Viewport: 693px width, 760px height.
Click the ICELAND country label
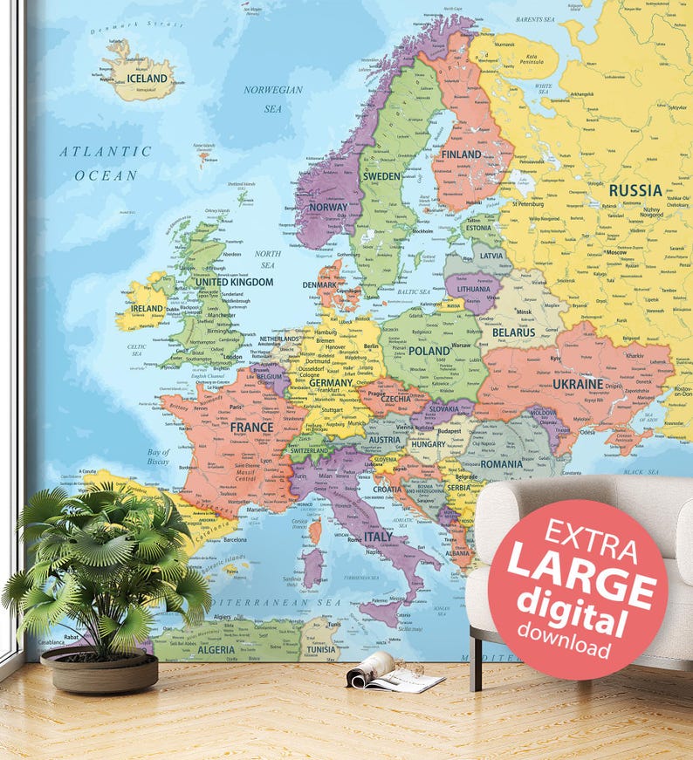coord(147,79)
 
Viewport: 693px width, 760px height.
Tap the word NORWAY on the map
coord(327,208)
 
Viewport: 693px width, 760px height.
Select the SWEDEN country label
coord(381,175)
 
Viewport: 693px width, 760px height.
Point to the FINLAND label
coord(461,154)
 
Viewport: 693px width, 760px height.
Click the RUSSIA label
coord(635,190)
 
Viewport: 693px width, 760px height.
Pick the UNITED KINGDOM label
coord(234,282)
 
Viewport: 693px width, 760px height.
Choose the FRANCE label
coord(251,428)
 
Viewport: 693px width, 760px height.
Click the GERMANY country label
coord(331,383)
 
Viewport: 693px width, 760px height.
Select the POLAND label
coord(429,351)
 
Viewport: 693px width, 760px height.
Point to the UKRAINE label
coord(578,383)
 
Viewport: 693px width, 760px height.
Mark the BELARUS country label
coord(513,332)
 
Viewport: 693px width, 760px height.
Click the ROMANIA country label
coord(501,464)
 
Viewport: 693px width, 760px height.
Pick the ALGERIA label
coord(216,649)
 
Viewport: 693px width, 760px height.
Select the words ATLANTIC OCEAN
coord(106,163)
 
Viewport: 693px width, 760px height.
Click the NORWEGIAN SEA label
coord(273,99)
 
